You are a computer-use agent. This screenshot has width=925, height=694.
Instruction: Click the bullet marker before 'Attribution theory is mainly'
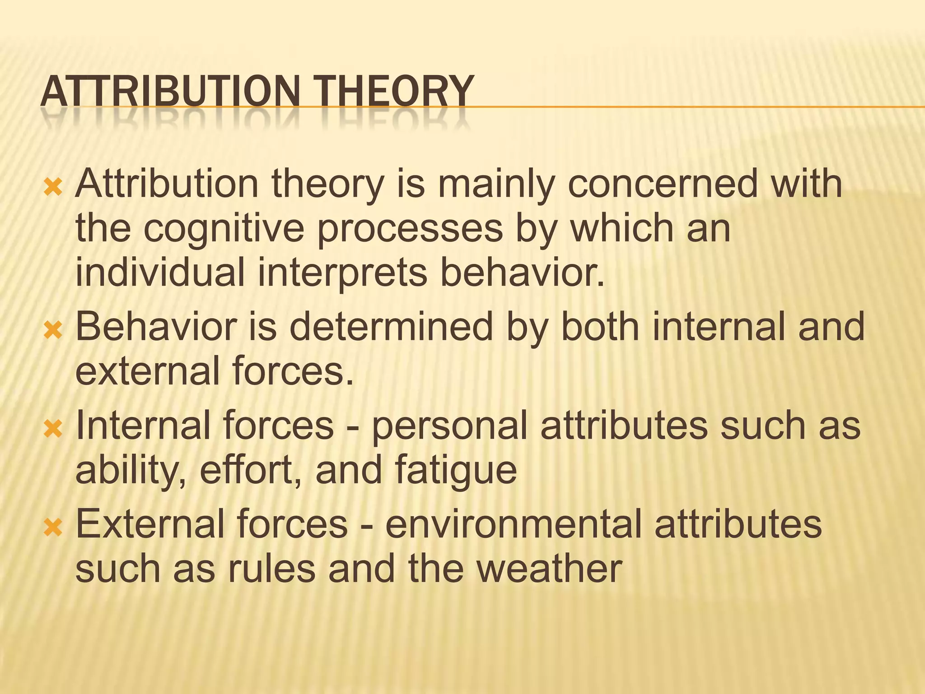pyautogui.click(x=53, y=187)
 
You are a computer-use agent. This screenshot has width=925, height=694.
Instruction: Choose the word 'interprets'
pyautogui.click(x=342, y=274)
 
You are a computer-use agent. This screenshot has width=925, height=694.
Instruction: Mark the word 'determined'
pyautogui.click(x=391, y=327)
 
